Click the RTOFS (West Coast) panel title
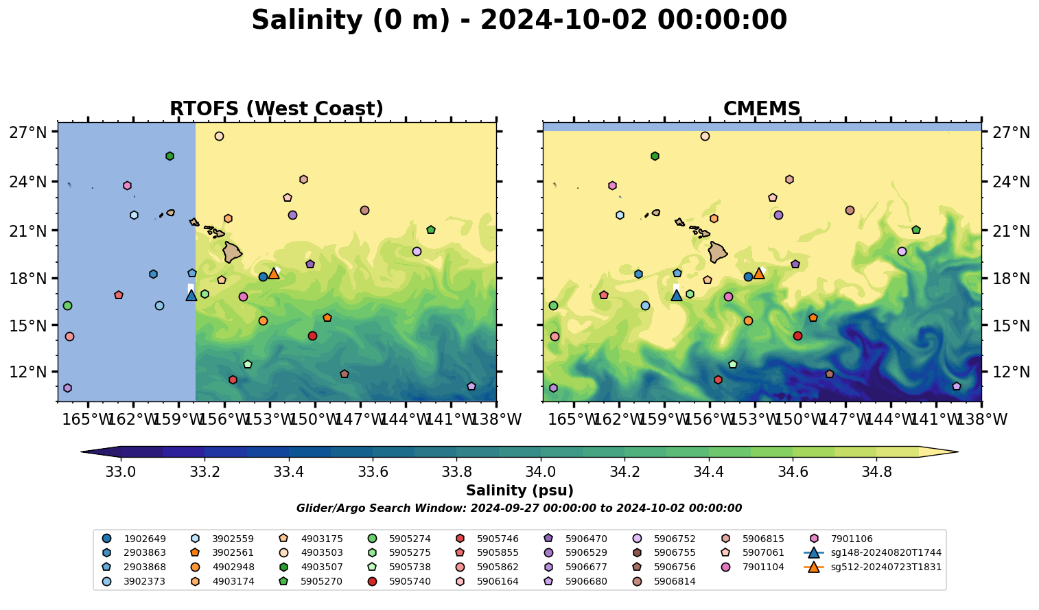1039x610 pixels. coord(276,109)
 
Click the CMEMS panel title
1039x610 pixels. coord(762,109)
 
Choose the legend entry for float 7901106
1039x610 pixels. coord(851,539)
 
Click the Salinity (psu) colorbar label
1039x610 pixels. coord(519,491)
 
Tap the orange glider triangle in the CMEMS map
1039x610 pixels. coord(759,273)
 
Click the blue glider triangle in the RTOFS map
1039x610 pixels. coord(191,295)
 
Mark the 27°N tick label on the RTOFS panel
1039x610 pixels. coord(27,132)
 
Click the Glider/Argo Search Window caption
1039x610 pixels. coord(519,508)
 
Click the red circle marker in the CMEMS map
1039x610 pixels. coord(797,336)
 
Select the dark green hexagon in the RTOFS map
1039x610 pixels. coord(170,156)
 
